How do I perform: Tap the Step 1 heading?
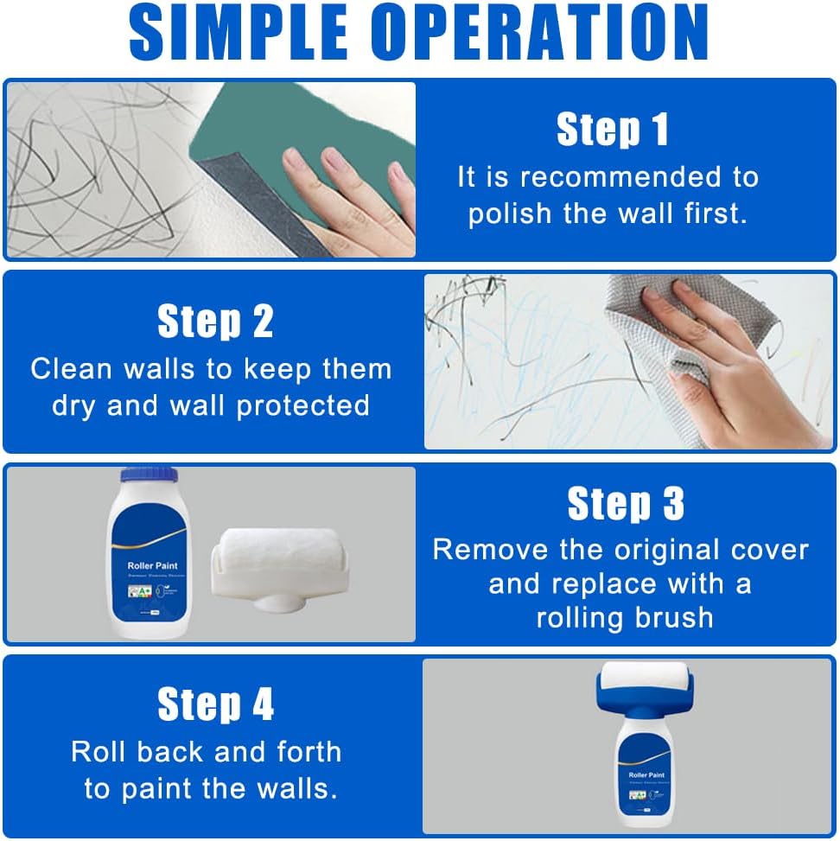click(612, 130)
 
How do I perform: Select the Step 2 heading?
click(215, 322)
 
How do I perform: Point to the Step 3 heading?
click(625, 504)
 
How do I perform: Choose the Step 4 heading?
click(215, 704)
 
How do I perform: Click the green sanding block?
click(285, 138)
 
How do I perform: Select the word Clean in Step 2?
click(71, 369)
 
